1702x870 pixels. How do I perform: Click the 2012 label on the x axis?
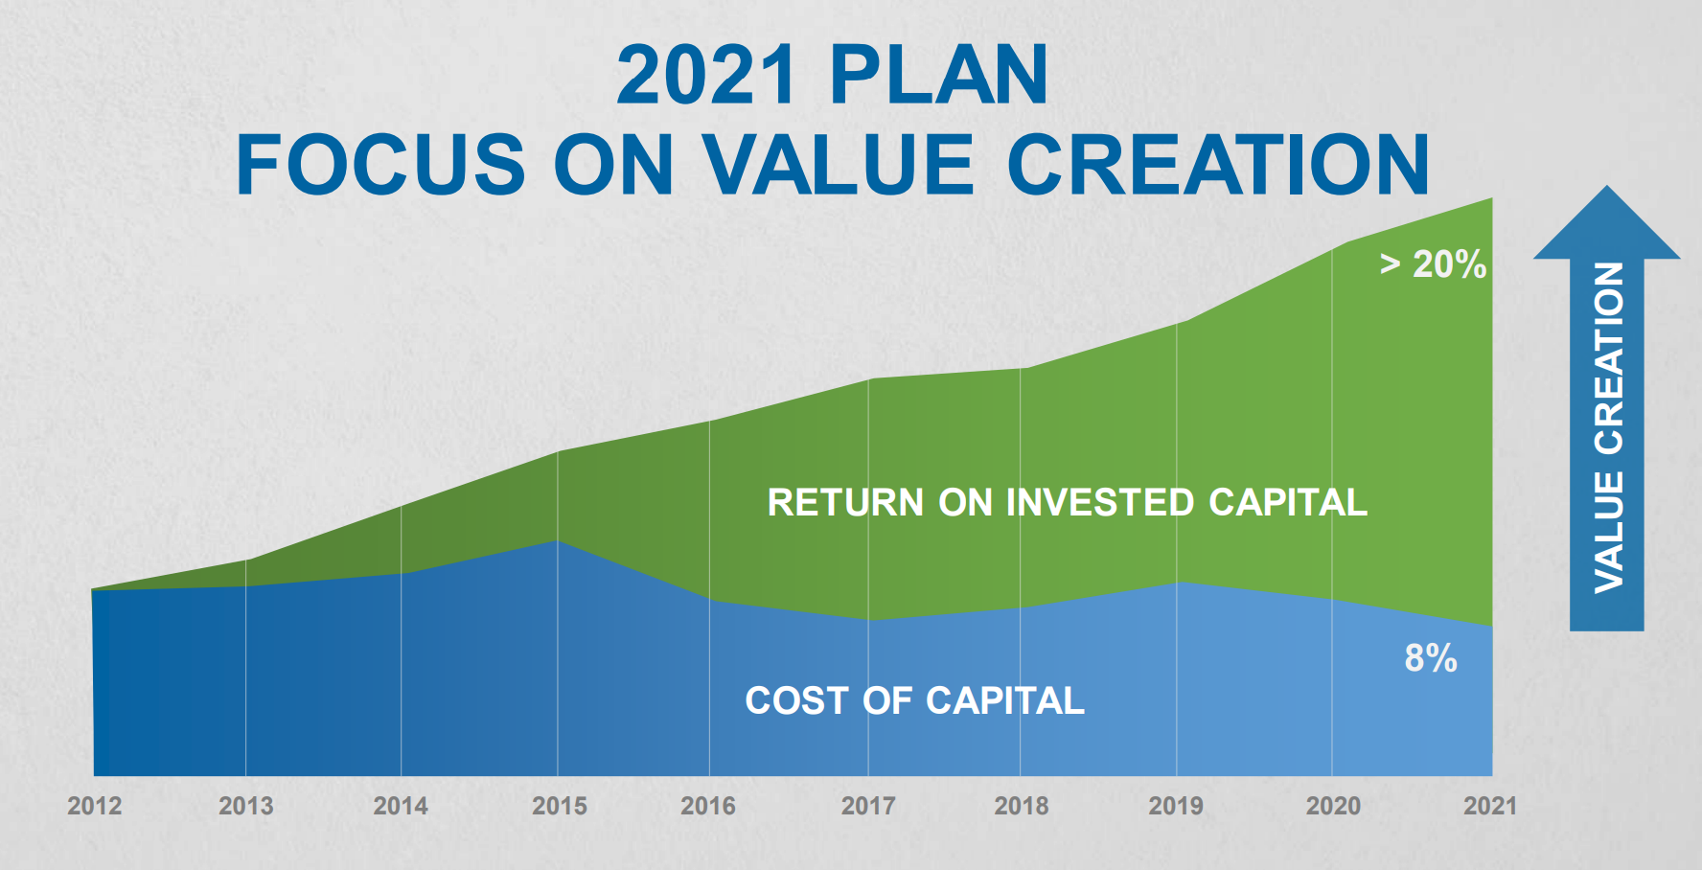(x=94, y=806)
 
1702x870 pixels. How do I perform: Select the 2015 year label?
(x=560, y=806)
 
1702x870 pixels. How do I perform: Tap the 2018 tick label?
(x=1022, y=806)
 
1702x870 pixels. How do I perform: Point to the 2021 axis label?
(x=1490, y=806)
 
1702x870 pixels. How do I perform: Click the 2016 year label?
(x=708, y=806)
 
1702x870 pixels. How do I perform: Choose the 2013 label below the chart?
(x=246, y=806)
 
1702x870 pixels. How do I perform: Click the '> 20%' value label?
(x=1433, y=264)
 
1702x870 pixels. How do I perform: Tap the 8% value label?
(x=1431, y=658)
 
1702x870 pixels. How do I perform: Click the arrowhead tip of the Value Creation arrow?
(x=1607, y=190)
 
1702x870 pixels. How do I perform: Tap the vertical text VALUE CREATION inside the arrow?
(x=1609, y=427)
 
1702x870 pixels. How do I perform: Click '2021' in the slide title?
(x=706, y=76)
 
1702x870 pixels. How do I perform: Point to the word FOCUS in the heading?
(x=380, y=165)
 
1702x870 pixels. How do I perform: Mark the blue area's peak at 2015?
(x=558, y=541)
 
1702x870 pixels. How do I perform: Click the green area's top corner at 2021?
(x=1491, y=199)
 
